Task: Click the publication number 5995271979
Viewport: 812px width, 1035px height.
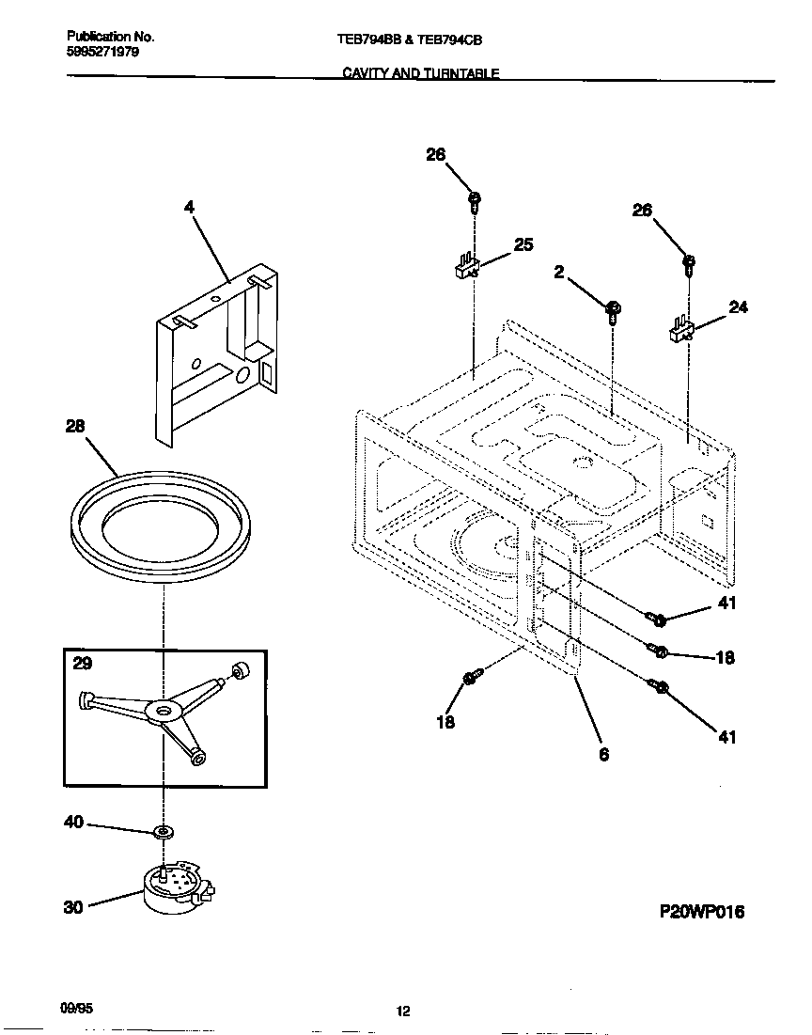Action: (102, 53)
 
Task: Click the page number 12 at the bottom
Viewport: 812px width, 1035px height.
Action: (402, 1011)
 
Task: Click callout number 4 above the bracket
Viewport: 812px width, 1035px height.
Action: (190, 208)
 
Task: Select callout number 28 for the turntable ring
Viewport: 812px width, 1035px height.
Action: (74, 426)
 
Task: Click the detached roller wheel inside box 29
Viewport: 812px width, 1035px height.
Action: (240, 669)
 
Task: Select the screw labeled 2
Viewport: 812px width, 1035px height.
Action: (611, 308)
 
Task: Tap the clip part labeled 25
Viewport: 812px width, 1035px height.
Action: (465, 269)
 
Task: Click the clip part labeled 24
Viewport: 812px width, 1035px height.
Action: (680, 330)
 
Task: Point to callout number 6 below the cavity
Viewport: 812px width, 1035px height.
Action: (603, 753)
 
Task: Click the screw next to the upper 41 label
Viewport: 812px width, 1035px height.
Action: (657, 619)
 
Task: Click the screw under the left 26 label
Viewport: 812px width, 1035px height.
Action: (475, 199)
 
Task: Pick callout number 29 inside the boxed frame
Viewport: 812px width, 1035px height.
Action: (83, 663)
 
